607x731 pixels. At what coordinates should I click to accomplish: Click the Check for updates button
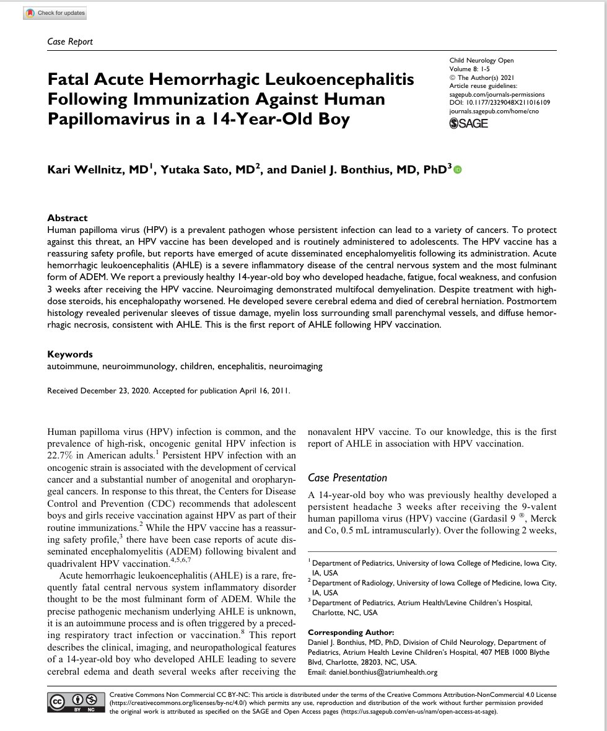55,13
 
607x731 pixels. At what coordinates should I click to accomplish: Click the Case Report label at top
70,42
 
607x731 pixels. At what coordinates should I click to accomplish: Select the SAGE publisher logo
468,123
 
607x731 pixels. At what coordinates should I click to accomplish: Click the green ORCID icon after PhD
458,169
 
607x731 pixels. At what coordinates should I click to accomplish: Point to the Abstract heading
68,218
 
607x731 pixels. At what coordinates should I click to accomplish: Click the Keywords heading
70,354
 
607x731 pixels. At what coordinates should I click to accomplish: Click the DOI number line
500,102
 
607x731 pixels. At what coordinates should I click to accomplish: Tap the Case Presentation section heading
347,478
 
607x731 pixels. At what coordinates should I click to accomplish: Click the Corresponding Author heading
348,633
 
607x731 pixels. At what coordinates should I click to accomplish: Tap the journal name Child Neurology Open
481,61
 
